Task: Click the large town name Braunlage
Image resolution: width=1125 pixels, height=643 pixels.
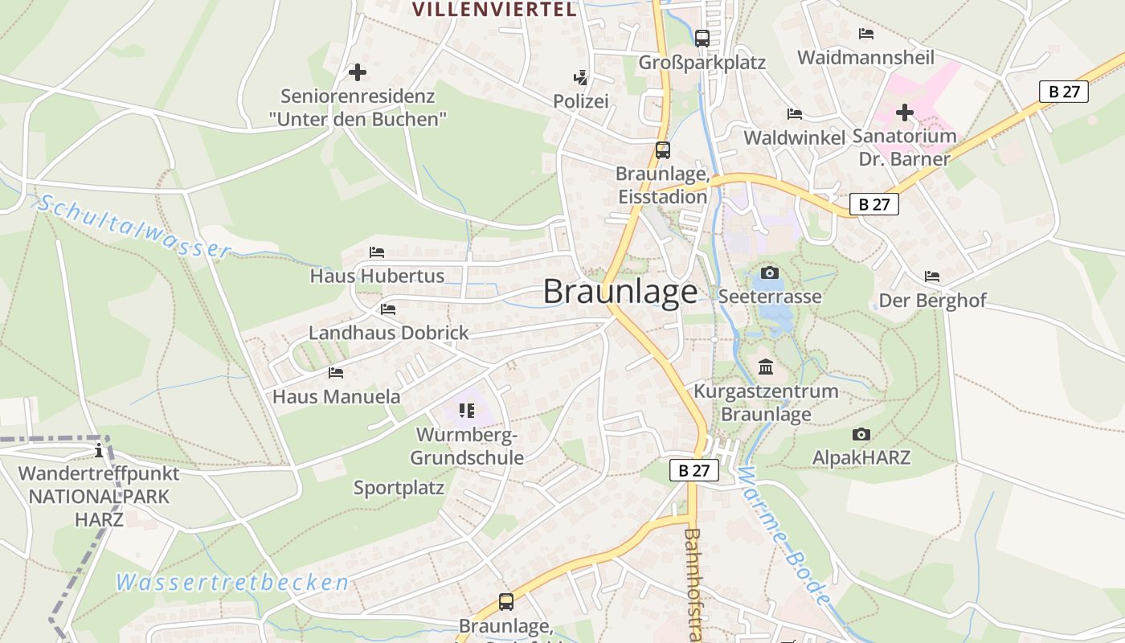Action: point(620,291)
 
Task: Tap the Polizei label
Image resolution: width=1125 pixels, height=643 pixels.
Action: point(580,101)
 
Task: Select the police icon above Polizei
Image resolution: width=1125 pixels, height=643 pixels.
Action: point(580,78)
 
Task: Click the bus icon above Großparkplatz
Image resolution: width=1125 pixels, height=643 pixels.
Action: point(702,38)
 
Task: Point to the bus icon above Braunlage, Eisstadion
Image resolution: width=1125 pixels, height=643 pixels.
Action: point(662,150)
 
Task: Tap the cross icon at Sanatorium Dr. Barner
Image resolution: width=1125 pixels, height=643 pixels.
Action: point(905,113)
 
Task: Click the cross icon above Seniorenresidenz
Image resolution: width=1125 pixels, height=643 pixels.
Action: point(358,72)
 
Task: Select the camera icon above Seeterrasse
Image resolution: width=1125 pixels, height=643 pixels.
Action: point(769,273)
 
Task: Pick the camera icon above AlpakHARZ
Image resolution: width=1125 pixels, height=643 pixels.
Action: point(861,435)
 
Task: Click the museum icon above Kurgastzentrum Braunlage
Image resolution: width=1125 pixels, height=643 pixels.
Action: point(766,368)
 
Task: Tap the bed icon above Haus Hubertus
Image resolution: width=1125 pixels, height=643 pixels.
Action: point(377,252)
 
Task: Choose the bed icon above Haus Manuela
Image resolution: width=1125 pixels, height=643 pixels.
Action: point(336,373)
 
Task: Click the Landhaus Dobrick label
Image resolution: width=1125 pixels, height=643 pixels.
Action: point(388,333)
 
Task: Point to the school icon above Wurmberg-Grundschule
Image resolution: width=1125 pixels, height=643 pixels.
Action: point(467,411)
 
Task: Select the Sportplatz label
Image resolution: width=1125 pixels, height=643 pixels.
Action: point(399,487)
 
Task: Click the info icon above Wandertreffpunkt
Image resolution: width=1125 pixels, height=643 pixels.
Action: point(99,449)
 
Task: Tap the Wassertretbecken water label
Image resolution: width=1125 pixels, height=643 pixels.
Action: point(233,583)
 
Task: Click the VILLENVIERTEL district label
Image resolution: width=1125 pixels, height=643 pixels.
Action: point(494,10)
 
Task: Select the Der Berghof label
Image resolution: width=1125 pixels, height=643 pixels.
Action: point(932,301)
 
